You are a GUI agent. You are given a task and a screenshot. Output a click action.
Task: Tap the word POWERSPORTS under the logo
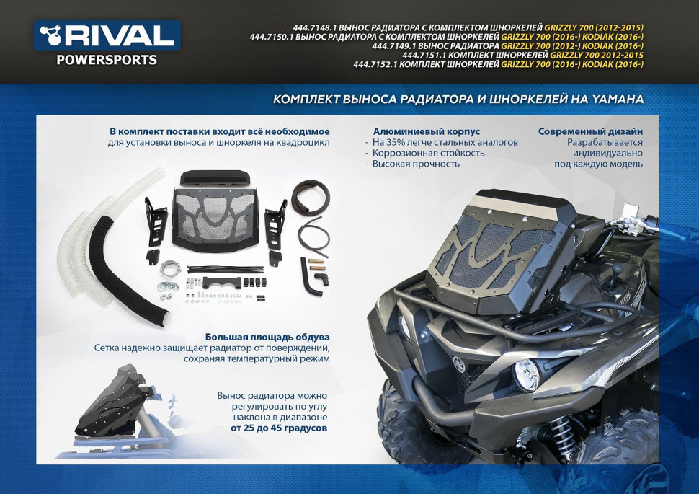107,61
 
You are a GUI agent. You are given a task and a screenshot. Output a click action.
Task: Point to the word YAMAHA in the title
618,99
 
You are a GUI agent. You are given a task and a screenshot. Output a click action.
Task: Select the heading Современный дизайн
590,131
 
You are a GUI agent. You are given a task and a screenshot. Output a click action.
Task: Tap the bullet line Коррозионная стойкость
428,153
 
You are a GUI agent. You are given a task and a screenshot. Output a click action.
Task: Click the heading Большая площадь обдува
267,337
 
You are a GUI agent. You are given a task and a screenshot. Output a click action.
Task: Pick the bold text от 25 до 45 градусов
279,428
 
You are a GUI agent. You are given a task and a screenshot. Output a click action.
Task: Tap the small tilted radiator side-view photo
120,411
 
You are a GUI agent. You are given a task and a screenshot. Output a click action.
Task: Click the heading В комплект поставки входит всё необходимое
220,131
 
